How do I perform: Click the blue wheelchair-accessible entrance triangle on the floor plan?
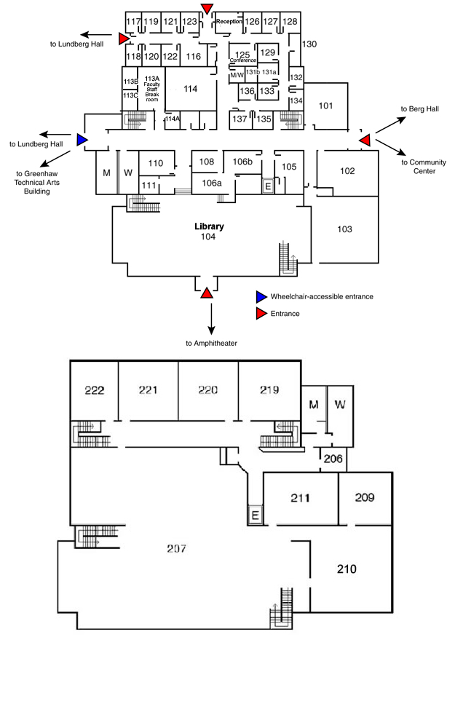tap(82, 139)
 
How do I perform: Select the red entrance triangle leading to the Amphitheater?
tap(207, 293)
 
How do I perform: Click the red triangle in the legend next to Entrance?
tap(261, 314)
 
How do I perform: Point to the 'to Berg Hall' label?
tap(420, 108)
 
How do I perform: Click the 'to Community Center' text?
tap(424, 167)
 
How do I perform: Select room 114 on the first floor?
tap(190, 89)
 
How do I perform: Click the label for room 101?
tap(326, 106)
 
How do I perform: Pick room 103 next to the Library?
tap(345, 229)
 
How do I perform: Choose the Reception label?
tap(229, 22)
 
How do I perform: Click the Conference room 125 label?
tap(242, 57)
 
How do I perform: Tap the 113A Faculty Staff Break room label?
tap(151, 88)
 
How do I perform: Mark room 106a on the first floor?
tap(212, 183)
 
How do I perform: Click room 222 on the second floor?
tap(94, 390)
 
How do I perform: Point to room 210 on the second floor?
tap(347, 569)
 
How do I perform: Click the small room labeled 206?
tap(333, 459)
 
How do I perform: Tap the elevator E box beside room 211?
tap(256, 515)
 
